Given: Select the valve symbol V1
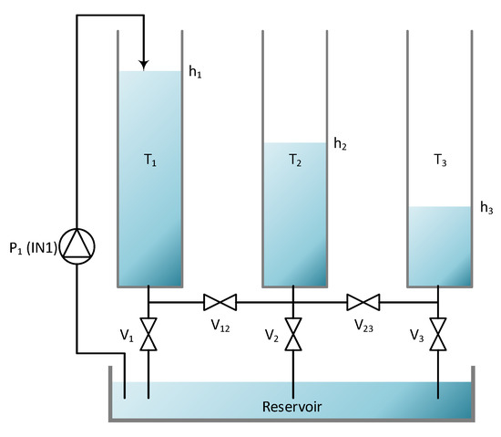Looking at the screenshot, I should [148, 332].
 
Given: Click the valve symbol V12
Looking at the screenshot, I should [220, 302].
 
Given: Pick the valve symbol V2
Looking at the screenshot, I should [293, 332].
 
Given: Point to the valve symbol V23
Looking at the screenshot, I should [364, 302].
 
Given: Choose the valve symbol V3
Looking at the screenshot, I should [438, 332].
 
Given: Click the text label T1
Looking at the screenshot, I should [151, 161].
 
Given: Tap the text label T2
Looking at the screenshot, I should [295, 161].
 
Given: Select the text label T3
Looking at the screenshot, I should [440, 161].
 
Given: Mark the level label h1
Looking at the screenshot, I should [195, 72].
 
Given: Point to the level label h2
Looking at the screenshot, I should [340, 143].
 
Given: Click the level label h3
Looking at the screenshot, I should [486, 208].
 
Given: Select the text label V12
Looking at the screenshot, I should [220, 326].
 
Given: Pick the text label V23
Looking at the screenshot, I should [364, 326].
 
